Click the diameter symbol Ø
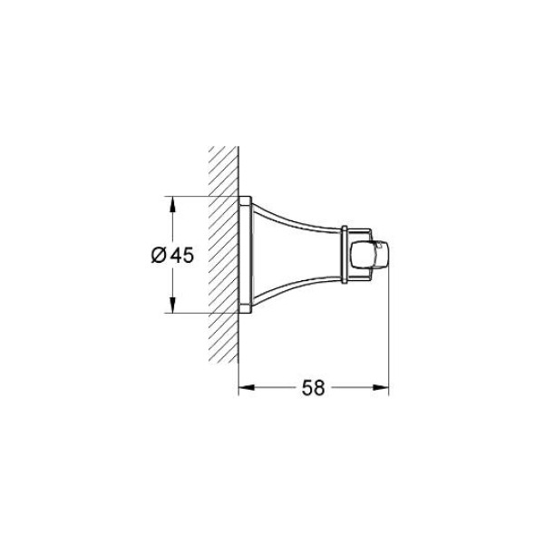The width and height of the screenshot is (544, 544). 158,255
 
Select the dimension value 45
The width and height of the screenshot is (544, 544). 182,255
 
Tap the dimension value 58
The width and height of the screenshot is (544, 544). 314,387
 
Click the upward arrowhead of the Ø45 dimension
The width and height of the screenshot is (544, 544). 172,204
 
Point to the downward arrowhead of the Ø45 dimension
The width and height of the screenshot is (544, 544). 172,305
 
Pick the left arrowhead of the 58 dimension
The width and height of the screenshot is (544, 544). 247,387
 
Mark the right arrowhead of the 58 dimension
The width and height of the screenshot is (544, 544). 381,387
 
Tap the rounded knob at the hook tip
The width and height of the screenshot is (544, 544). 370,255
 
